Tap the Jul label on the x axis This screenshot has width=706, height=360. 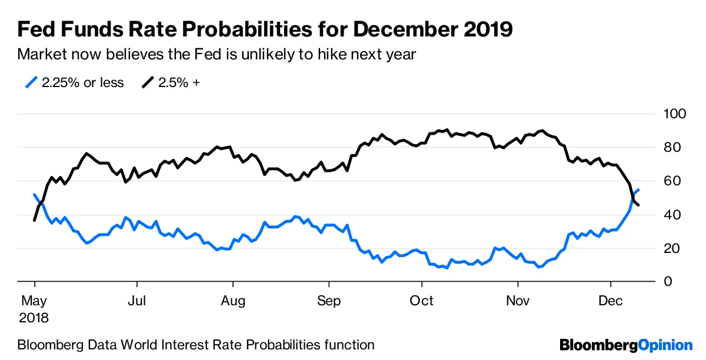tap(136, 301)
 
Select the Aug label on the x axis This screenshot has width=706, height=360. tap(233, 301)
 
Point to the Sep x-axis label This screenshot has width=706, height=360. tap(329, 301)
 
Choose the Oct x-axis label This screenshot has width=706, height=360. tap(421, 301)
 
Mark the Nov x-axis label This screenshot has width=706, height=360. tap(518, 301)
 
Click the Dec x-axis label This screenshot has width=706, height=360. tap(611, 301)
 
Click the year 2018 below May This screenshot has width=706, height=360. tap(34, 318)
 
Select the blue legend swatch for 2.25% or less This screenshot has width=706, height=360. tap(32, 82)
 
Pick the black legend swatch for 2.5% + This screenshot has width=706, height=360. tap(147, 82)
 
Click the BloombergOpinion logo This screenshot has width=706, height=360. tap(625, 345)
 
